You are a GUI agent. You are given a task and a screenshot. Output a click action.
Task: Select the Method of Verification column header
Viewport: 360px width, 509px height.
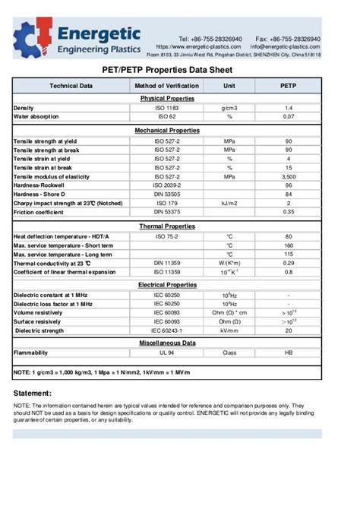pos(166,86)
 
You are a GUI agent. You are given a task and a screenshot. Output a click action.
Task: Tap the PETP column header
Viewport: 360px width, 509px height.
pos(288,86)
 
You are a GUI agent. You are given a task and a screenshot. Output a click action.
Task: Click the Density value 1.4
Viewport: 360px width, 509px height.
pos(288,108)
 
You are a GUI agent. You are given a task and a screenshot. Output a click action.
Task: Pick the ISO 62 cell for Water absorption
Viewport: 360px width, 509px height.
pos(166,116)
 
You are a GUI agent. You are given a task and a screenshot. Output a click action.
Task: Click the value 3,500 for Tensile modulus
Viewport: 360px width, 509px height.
pos(288,176)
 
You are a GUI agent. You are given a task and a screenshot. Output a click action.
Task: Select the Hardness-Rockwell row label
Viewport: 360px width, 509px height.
pos(39,185)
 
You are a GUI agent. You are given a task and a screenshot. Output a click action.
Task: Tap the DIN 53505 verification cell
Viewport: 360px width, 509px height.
pos(166,194)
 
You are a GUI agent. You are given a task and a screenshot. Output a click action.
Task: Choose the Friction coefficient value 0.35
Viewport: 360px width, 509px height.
pos(288,212)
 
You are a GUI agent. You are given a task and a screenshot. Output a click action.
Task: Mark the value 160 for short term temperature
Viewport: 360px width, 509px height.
pos(288,245)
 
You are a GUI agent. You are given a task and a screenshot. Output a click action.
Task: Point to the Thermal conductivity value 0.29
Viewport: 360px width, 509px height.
pos(288,263)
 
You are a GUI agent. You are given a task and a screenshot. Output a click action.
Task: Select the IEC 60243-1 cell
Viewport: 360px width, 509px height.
pos(166,330)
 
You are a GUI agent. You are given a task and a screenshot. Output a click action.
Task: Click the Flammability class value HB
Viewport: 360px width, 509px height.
pos(288,353)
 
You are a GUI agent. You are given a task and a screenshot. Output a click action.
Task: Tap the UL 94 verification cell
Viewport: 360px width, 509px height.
pos(166,353)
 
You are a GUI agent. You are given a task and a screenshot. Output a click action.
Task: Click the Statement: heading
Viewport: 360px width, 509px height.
pos(33,393)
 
